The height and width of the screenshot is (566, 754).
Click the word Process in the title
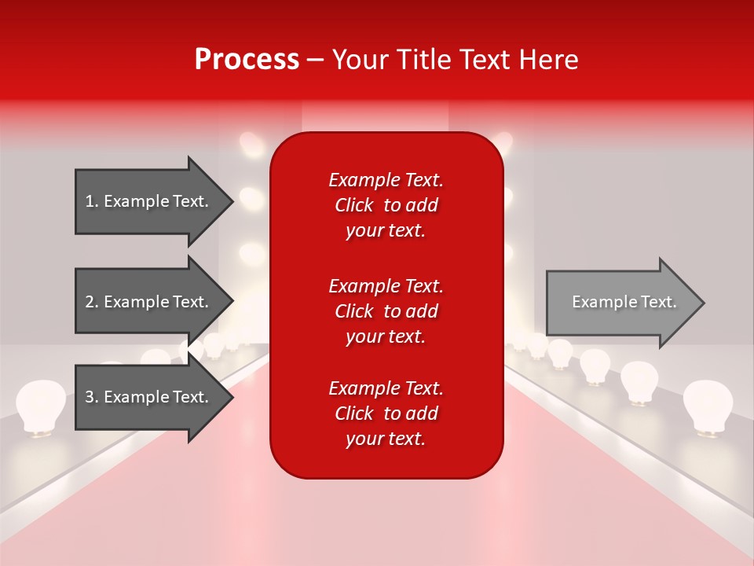coord(247,60)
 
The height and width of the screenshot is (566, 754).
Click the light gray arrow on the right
coord(620,302)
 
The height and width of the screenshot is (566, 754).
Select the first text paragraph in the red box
coord(386,205)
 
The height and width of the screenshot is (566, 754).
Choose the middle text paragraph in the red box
coord(386,311)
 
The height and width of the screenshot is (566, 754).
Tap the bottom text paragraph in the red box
coord(386,413)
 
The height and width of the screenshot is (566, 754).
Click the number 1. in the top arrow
coord(92,201)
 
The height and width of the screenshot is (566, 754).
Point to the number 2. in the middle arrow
coord(92,302)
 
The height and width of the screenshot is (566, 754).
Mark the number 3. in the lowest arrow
coord(92,397)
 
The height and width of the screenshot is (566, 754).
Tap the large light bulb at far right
coord(707,405)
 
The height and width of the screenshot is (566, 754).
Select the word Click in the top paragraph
coord(353,205)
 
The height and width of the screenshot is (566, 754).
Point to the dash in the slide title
coord(315,61)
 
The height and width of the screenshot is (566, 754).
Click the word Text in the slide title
coord(486,60)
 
